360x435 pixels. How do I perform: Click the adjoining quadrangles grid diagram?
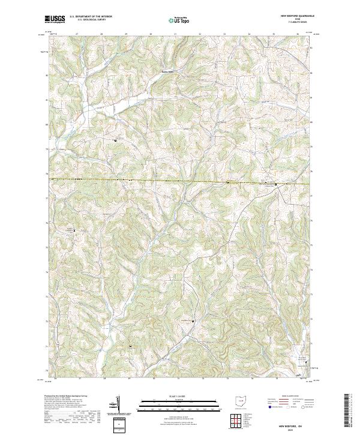click(x=239, y=419)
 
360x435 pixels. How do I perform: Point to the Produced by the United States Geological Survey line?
click(x=70, y=397)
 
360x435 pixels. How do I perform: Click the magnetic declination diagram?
click(x=118, y=403)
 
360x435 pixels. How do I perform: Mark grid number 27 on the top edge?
click(x=77, y=35)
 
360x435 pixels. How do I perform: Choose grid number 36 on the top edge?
click(x=298, y=35)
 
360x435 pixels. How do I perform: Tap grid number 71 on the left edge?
click(x=47, y=346)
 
